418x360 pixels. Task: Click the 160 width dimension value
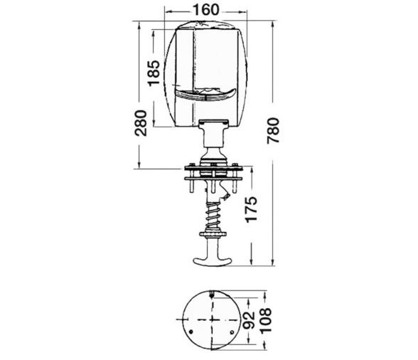pos(205,10)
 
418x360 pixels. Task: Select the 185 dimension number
pos(154,73)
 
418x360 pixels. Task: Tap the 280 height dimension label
pos(141,123)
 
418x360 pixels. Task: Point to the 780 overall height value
pos(273,130)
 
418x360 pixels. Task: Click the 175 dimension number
pos(252,209)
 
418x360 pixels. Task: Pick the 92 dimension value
pos(249,320)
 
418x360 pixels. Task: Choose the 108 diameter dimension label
pos(266,320)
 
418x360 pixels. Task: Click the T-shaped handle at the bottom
pos(213,255)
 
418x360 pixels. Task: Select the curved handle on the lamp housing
pos(206,95)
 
